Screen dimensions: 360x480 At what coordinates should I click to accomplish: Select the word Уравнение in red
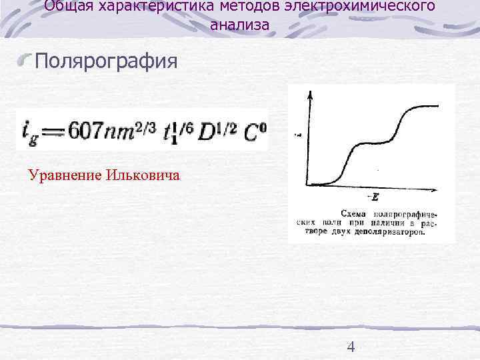[x=63, y=175]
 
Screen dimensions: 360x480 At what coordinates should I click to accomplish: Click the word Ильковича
[x=143, y=175]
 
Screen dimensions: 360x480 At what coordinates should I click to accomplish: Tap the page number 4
[x=351, y=346]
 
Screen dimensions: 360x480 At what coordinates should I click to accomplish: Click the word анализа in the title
[x=240, y=25]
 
